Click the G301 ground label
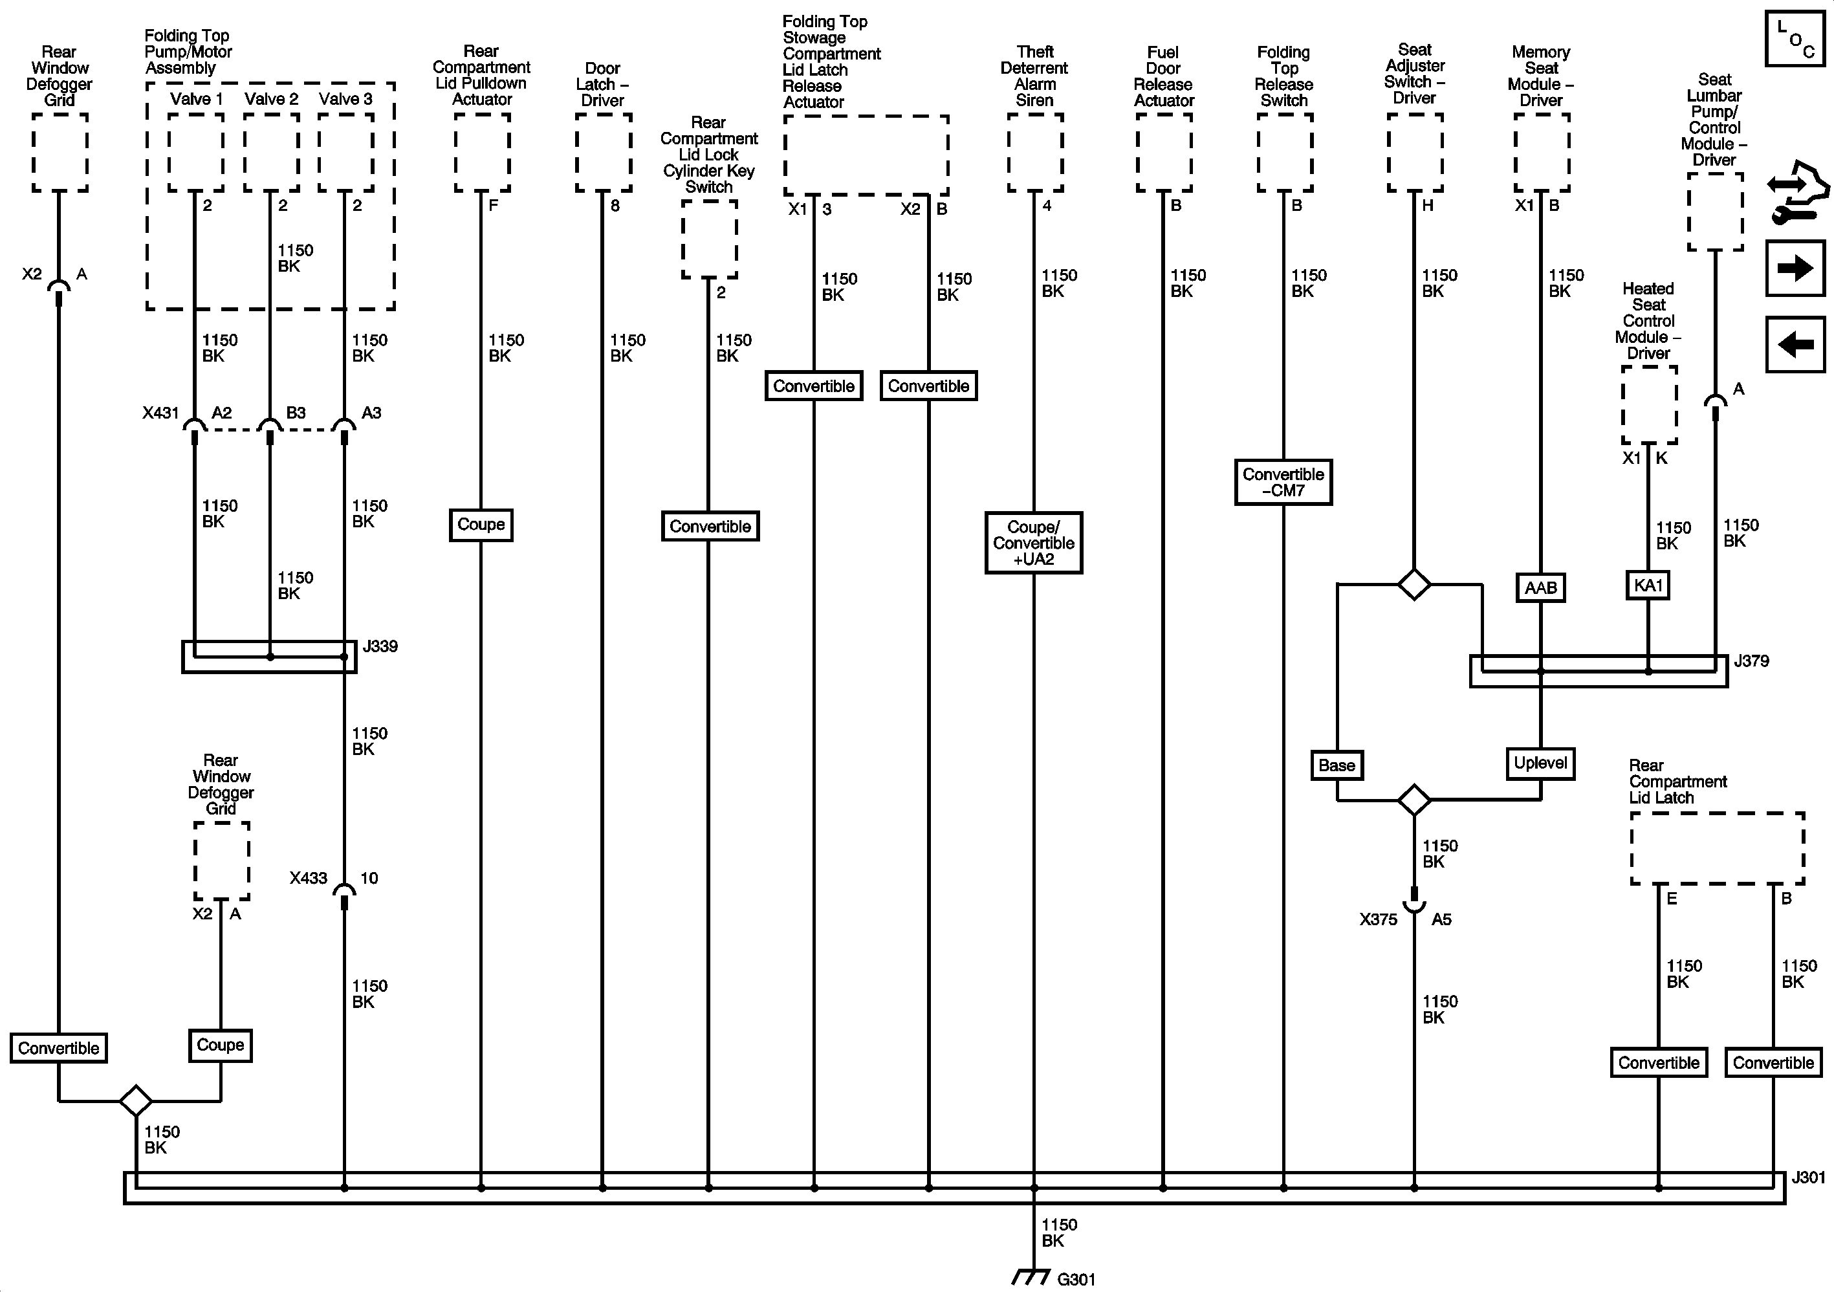pyautogui.click(x=1075, y=1279)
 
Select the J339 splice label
pyautogui.click(x=380, y=646)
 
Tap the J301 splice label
pyautogui.click(x=1807, y=1177)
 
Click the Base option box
pyautogui.click(x=1337, y=765)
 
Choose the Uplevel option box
pyautogui.click(x=1540, y=763)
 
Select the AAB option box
pyautogui.click(x=1540, y=588)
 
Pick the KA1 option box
pyautogui.click(x=1648, y=586)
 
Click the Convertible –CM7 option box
pyautogui.click(x=1283, y=482)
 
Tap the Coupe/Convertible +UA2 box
pyautogui.click(x=1034, y=543)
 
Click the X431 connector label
pyautogui.click(x=160, y=413)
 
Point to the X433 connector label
pyautogui.click(x=309, y=878)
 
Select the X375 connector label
pyautogui.click(x=1378, y=919)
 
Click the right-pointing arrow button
pyautogui.click(x=1795, y=268)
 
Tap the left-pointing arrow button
pyautogui.click(x=1795, y=344)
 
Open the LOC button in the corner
pyautogui.click(x=1795, y=38)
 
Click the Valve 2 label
pyautogui.click(x=271, y=99)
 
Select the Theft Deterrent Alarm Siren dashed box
pyautogui.click(x=1034, y=153)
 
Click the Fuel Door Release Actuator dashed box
pyautogui.click(x=1164, y=153)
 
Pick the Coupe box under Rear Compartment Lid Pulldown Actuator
pyautogui.click(x=481, y=525)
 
